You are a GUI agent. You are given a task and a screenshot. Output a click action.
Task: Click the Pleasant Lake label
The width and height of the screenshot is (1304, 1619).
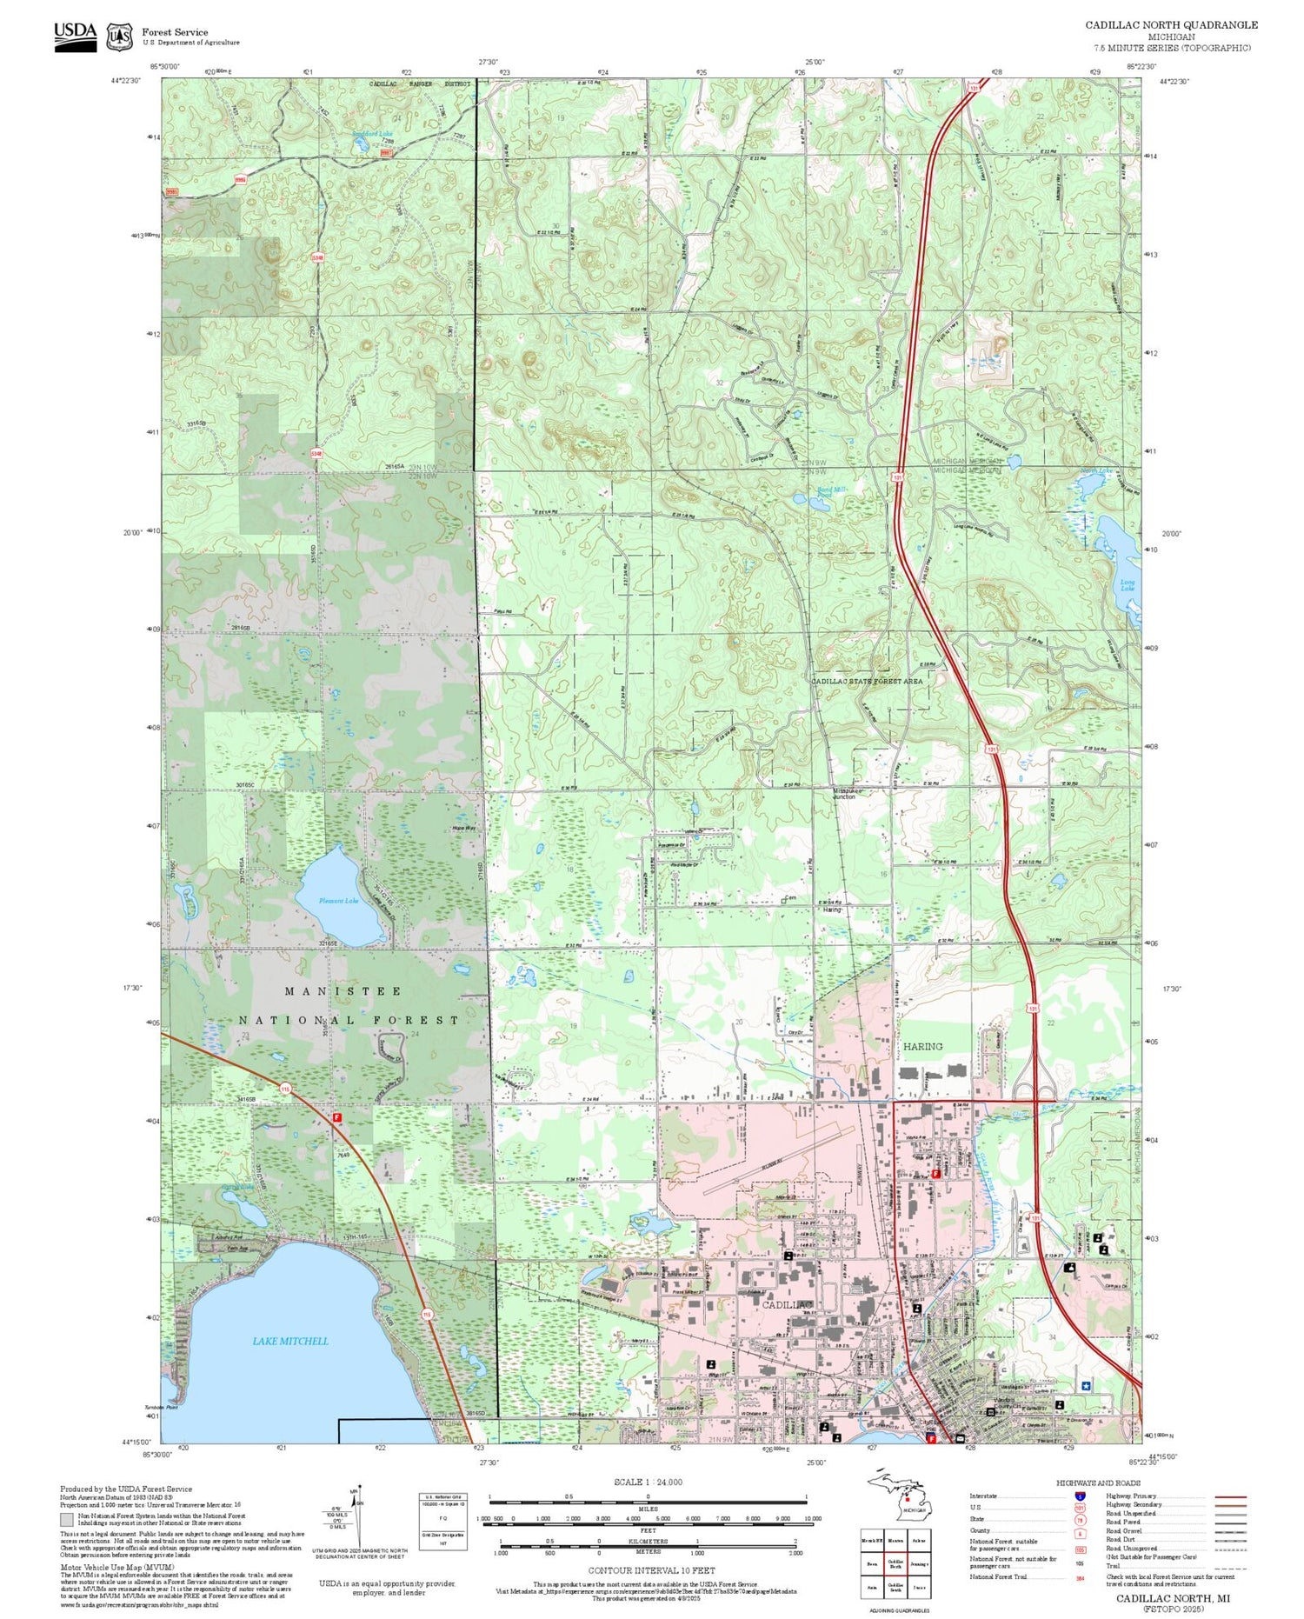pos(338,901)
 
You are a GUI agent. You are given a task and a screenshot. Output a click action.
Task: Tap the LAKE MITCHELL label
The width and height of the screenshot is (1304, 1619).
pos(290,1341)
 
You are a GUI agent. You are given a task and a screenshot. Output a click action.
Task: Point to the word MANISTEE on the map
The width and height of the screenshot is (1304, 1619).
pos(343,991)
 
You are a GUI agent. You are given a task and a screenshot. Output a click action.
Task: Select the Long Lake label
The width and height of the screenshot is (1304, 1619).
pos(1127,585)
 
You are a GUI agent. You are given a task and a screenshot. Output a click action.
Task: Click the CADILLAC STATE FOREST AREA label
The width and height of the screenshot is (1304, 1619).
pos(866,682)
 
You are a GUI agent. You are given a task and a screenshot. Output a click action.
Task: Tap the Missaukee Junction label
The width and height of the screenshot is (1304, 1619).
pos(845,794)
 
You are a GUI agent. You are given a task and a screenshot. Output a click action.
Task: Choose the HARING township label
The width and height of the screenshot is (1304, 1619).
pos(922,1046)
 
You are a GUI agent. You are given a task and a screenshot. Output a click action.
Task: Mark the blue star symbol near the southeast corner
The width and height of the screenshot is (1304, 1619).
pos(1084,1386)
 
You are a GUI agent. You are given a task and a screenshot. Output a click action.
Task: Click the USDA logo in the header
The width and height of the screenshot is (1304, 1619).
pos(76,36)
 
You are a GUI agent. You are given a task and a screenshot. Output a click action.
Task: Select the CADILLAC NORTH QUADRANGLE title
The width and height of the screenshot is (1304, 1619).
pos(1171,24)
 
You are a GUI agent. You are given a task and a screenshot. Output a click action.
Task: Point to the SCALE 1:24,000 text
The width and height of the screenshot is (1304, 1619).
pos(648,1482)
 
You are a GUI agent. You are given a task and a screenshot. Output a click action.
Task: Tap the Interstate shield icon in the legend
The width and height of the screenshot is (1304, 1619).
pos(1080,1496)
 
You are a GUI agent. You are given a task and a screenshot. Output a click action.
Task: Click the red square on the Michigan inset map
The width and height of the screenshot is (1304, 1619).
pos(906,1498)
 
